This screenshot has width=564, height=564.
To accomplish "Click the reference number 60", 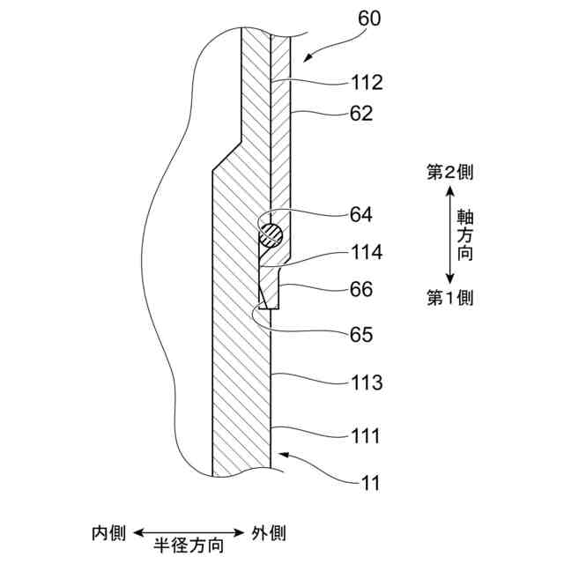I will point(369,19).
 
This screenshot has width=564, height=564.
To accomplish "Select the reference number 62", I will point(361,114).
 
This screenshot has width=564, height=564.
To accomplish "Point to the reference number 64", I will point(361,214).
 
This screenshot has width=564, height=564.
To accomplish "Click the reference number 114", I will point(366,253).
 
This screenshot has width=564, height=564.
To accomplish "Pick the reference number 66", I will point(361,288).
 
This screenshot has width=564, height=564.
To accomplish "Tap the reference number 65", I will point(361,335).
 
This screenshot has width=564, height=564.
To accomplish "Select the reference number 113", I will point(366,383).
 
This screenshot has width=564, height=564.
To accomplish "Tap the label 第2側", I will point(450,173).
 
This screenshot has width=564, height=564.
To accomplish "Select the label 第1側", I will point(450,298).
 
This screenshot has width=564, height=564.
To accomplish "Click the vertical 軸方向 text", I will point(463,235).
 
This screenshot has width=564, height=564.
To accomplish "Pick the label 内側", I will point(109,533).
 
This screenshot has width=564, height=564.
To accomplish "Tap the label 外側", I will point(268,533).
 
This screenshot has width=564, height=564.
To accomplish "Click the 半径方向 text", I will point(189,546).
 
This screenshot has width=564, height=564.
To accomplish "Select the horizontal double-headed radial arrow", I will point(189,532).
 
